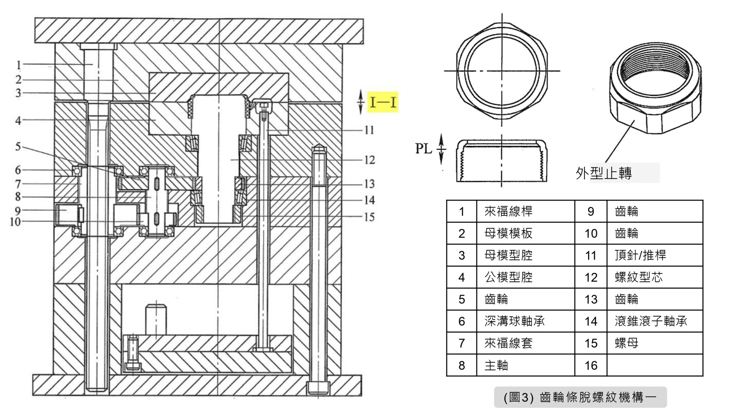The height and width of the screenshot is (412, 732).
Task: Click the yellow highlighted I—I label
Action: click(383, 102)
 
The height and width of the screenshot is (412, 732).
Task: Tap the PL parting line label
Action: click(424, 148)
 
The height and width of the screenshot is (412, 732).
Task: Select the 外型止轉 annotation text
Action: click(604, 173)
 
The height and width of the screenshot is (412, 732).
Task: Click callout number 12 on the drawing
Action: click(370, 160)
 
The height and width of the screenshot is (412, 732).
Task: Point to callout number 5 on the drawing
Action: click(18, 147)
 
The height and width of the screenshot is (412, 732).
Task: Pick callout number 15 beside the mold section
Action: click(370, 217)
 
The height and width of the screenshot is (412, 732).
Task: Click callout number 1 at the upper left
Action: click(19, 65)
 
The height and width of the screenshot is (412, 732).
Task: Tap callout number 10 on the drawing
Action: click(15, 222)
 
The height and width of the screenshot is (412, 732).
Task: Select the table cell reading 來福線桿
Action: click(508, 211)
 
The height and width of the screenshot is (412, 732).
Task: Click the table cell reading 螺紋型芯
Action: click(639, 278)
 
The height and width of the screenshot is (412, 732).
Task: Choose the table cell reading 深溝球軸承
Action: click(514, 322)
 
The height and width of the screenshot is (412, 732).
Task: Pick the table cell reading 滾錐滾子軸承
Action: click(651, 322)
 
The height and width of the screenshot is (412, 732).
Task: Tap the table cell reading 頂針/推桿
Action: click(640, 255)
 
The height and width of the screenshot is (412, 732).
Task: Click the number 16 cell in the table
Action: click(591, 366)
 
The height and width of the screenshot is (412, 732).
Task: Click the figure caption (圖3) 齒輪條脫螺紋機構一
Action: click(580, 397)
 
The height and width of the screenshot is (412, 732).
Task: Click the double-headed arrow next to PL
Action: click(442, 148)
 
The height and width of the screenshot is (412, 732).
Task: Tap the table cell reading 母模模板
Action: click(508, 234)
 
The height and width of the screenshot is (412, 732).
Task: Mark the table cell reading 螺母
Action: click(627, 343)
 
